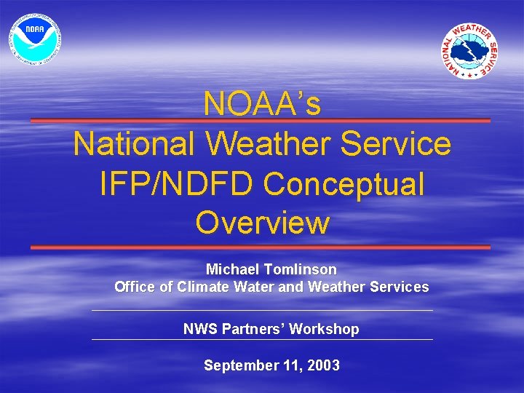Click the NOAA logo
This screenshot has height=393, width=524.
click(35, 36)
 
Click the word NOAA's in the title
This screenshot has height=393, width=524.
click(262, 104)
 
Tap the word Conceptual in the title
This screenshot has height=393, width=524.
click(344, 183)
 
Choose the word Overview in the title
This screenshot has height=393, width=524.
click(262, 223)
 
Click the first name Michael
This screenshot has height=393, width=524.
click(232, 269)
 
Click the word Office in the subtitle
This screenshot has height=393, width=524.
click(135, 287)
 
